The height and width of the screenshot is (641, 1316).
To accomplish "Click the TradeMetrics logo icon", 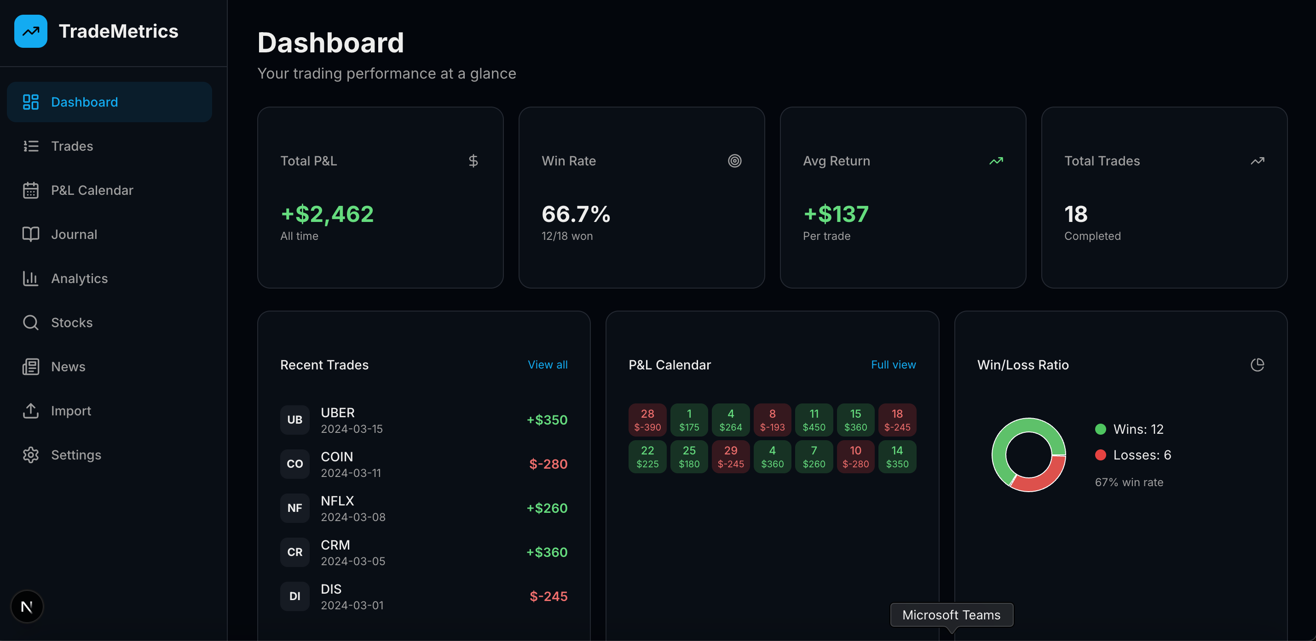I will (x=31, y=31).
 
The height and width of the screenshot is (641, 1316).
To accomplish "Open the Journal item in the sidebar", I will (x=74, y=234).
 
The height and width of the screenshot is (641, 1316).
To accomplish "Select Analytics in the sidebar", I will (x=79, y=278).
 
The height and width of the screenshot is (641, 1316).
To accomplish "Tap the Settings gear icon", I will (x=31, y=455).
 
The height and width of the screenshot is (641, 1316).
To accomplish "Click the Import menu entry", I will (x=70, y=411).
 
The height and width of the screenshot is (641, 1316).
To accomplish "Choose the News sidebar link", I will (x=68, y=366).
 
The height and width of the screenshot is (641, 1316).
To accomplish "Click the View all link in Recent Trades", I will (x=547, y=364).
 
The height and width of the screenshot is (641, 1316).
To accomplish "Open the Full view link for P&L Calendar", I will (x=893, y=364).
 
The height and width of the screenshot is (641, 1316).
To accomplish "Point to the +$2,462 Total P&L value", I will (x=327, y=214).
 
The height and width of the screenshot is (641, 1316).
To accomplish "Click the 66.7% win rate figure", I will (x=576, y=214).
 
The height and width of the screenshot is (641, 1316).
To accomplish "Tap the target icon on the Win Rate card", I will (x=734, y=161).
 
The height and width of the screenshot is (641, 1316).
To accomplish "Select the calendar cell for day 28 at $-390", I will (x=647, y=420).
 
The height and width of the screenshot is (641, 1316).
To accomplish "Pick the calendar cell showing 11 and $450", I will (x=814, y=420).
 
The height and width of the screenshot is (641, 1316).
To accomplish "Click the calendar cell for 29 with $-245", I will (x=731, y=456).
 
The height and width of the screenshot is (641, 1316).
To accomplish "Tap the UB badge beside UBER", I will (x=295, y=420).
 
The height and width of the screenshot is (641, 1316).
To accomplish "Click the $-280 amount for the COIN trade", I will (x=548, y=464).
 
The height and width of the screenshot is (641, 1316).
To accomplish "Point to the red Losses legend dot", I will (x=1100, y=455).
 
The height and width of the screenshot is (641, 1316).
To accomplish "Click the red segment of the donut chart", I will (x=1039, y=478).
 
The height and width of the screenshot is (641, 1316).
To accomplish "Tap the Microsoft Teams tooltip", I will (x=951, y=614).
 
